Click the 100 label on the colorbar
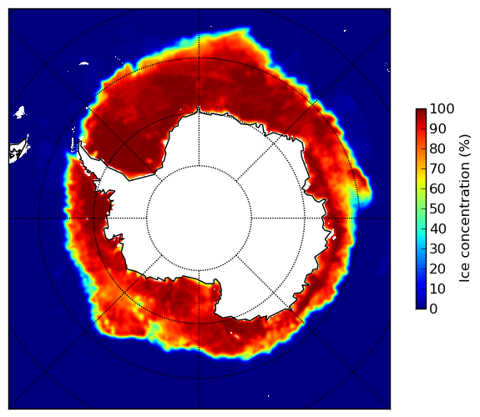442,108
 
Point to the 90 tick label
437,128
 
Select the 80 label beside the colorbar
437,148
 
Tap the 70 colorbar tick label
437,168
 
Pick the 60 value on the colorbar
437,188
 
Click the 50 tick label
437,209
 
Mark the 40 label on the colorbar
437,229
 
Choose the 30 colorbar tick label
437,249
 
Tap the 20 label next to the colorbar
437,269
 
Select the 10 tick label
437,289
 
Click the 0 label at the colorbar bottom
433,309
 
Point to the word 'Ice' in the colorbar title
465,274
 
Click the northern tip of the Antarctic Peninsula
80,143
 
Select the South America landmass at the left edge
18,152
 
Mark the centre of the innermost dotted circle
199,219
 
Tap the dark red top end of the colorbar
421,111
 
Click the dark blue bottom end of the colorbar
421,307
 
